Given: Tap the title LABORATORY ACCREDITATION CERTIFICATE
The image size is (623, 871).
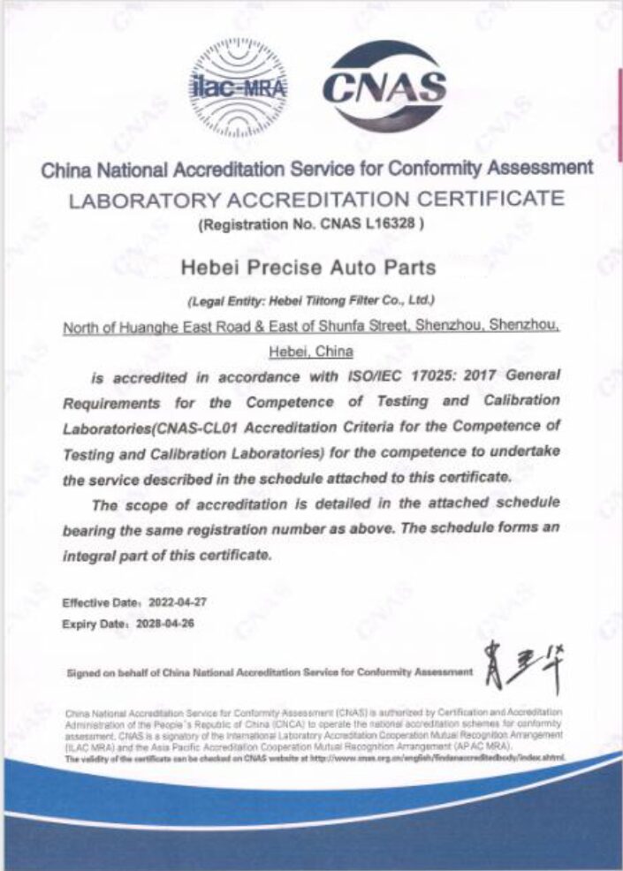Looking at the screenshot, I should (x=315, y=197).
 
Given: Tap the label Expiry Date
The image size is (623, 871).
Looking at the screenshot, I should (x=89, y=623).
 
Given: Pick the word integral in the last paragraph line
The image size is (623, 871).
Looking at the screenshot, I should (x=92, y=557).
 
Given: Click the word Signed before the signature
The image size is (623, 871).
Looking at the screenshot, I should (x=82, y=672).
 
